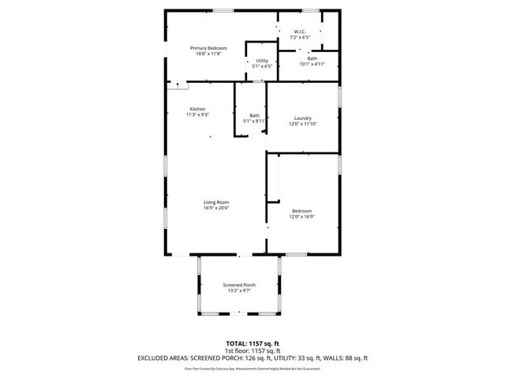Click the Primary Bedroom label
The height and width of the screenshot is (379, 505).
tap(208, 48)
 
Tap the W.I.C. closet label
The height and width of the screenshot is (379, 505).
tap(300, 32)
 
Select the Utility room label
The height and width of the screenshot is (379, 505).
tap(263, 61)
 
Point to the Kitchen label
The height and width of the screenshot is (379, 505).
tap(197, 109)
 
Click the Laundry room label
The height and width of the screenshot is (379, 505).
tap(302, 118)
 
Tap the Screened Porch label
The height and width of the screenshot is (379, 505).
tap(238, 285)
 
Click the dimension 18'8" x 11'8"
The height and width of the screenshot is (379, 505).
tap(208, 54)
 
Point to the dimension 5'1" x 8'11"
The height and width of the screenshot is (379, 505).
tap(255, 121)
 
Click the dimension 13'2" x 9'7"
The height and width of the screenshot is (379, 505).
tap(238, 291)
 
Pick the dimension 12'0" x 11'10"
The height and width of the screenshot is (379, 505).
tap(302, 124)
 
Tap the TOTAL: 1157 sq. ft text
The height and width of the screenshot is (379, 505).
tap(252, 343)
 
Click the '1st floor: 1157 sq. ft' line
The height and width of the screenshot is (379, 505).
tap(252, 351)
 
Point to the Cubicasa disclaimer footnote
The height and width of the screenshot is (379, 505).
tap(252, 368)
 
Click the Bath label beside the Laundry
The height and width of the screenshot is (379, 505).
tap(255, 115)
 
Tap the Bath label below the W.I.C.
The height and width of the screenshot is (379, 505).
tap(312, 58)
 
